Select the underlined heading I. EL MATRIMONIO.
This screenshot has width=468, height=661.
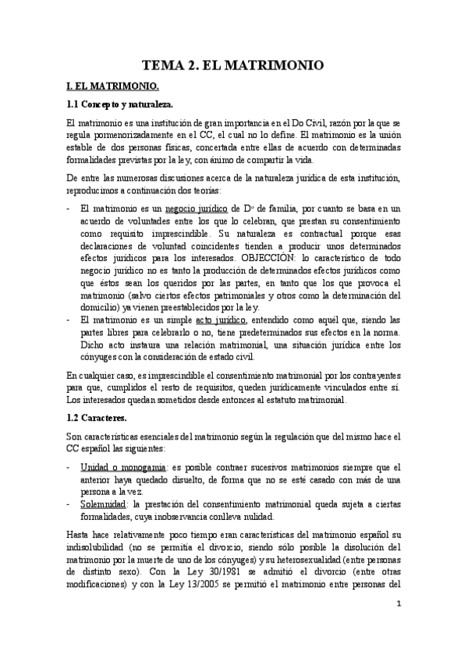(114, 87)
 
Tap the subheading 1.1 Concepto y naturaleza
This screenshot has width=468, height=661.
(121, 104)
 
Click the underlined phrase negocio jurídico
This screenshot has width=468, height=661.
(197, 210)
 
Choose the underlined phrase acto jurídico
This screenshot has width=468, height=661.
(222, 319)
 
